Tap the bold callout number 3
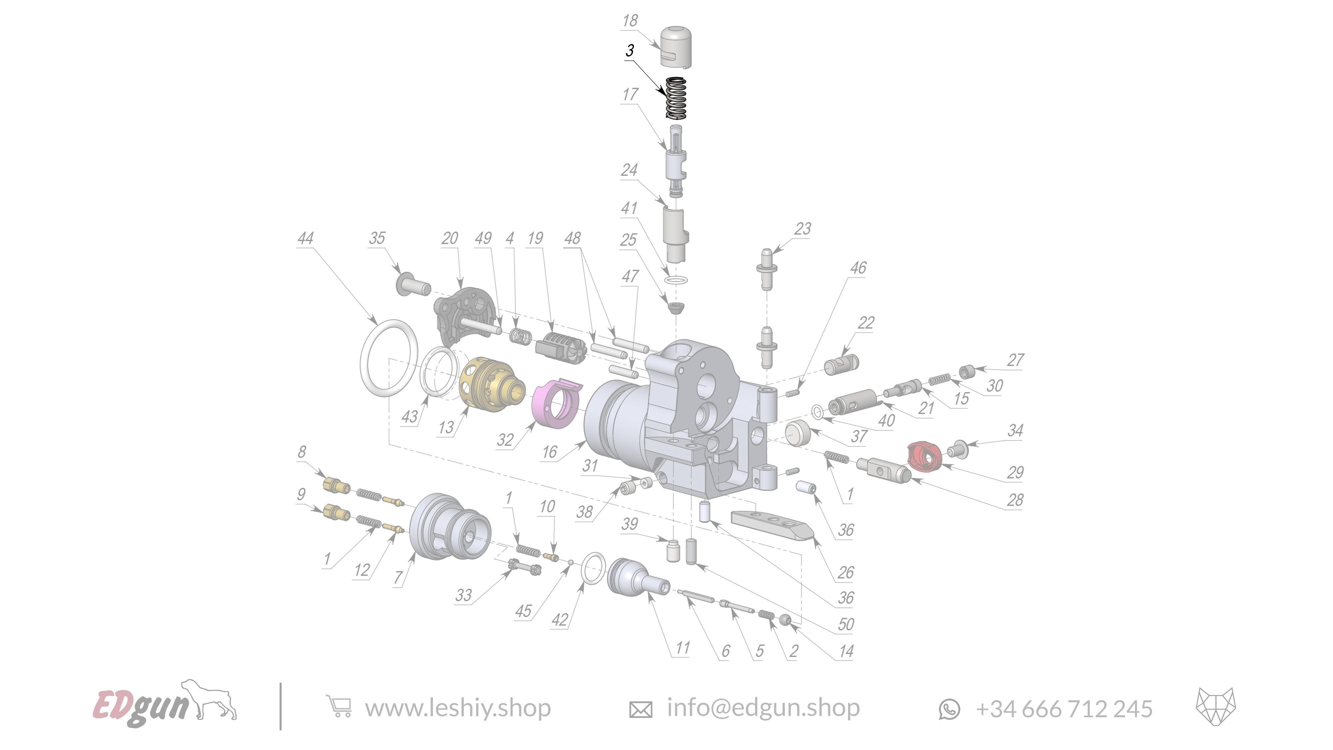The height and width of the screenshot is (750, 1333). [x=629, y=51]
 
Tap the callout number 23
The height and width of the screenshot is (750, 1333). [x=802, y=229]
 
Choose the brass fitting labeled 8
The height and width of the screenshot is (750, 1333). [x=335, y=486]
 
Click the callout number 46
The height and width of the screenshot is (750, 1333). [x=858, y=268]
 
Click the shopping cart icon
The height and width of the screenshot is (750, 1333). [x=339, y=707]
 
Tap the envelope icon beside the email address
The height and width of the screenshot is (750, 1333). [x=640, y=709]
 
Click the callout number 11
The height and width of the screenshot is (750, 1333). [x=682, y=648]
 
